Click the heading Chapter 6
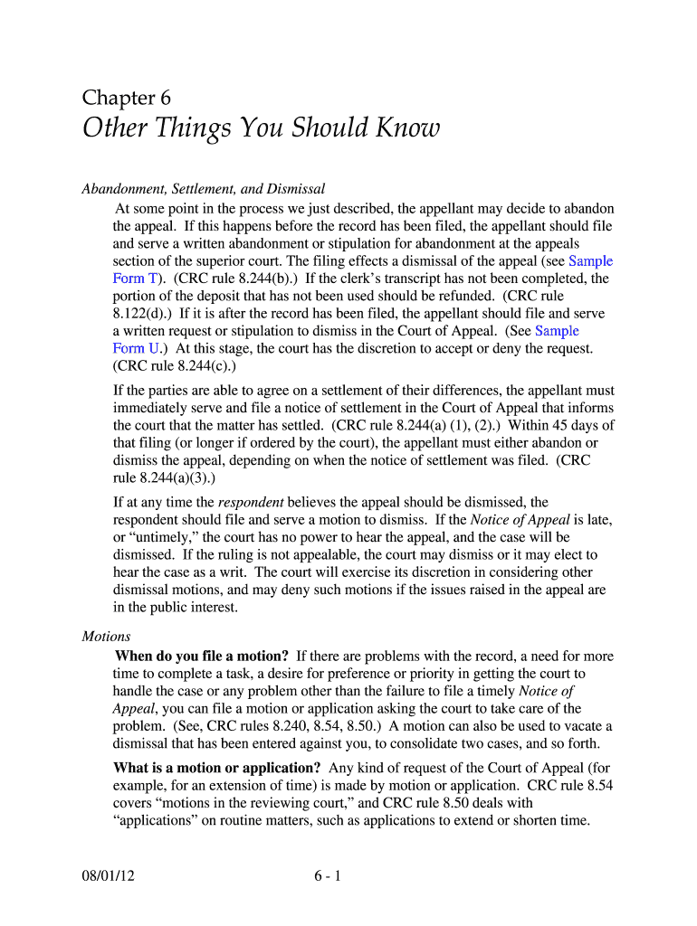(x=126, y=98)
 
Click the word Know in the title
(x=407, y=128)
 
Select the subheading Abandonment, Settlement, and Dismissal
(x=204, y=189)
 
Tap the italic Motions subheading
(x=106, y=636)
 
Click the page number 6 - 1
(x=327, y=875)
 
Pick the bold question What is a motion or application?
(x=216, y=769)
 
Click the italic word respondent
(x=252, y=502)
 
